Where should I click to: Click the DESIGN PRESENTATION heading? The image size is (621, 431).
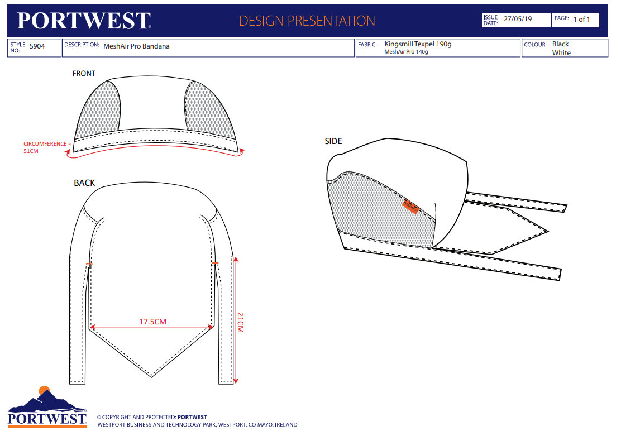click(x=307, y=21)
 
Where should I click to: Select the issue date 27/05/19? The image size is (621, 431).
click(x=518, y=19)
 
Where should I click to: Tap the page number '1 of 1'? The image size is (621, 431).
click(x=581, y=20)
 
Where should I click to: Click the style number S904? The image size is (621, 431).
click(x=37, y=47)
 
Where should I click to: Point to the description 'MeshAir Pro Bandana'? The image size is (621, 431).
click(x=136, y=47)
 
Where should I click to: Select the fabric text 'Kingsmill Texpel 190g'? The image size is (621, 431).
click(x=418, y=44)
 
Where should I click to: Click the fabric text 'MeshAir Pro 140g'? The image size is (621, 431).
click(x=406, y=52)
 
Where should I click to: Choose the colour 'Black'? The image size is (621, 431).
click(x=560, y=44)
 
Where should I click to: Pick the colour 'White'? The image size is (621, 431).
click(x=561, y=53)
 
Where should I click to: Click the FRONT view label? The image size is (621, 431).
click(x=84, y=73)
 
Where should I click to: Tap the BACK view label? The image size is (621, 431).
click(x=84, y=183)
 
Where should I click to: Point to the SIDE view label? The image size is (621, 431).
click(x=333, y=141)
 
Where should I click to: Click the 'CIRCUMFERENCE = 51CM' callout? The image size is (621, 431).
click(x=47, y=147)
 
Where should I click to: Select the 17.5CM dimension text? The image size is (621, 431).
click(x=152, y=322)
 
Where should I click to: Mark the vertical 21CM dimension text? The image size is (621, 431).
click(x=241, y=322)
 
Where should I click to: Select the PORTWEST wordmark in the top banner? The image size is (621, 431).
click(x=84, y=21)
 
